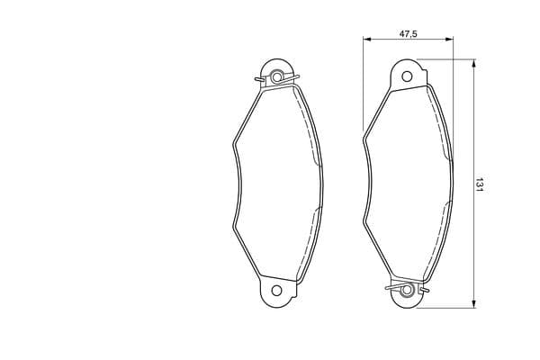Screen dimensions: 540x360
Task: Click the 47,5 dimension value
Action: click(408, 34)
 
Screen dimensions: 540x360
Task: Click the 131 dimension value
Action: click(479, 185)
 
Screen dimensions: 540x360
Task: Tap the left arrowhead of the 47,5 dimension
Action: click(366, 40)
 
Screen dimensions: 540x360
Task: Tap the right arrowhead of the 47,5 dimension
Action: click(450, 40)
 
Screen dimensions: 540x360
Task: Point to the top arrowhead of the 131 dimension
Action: click(474, 63)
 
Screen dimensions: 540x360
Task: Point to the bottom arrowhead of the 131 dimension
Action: click(474, 303)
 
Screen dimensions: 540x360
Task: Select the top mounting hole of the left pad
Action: click(276, 76)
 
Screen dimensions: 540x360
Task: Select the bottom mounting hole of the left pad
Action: click(276, 291)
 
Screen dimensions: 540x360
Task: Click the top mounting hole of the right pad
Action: click(407, 76)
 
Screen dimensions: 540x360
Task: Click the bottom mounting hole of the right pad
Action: click(407, 290)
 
